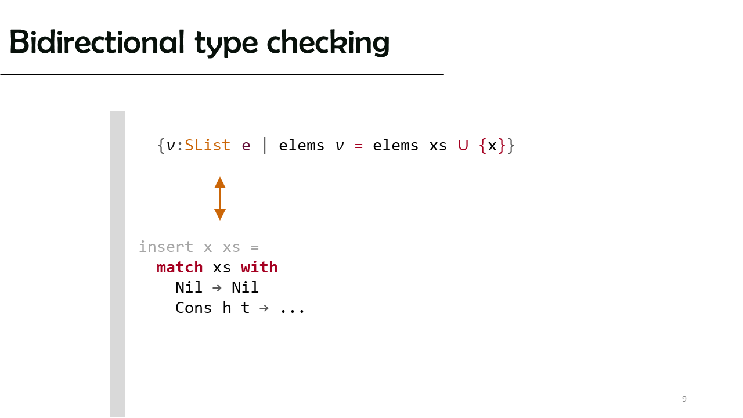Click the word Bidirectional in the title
pyautogui.click(x=97, y=42)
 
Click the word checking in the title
pyautogui.click(x=328, y=43)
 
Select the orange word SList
pyautogui.click(x=207, y=145)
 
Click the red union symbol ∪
pyautogui.click(x=463, y=146)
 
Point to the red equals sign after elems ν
pyautogui.click(x=359, y=146)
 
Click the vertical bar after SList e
pyautogui.click(x=265, y=146)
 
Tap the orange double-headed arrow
pyautogui.click(x=220, y=199)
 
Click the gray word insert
pyautogui.click(x=166, y=247)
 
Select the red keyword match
pyautogui.click(x=179, y=268)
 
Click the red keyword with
pyautogui.click(x=259, y=267)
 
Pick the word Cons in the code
pyautogui.click(x=193, y=308)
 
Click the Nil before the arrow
pyautogui.click(x=189, y=287)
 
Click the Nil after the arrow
pyautogui.click(x=245, y=287)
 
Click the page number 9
pyautogui.click(x=684, y=399)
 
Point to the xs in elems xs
pyautogui.click(x=438, y=146)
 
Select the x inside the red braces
pyautogui.click(x=492, y=146)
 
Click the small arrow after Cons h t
pyautogui.click(x=264, y=308)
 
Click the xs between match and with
pyautogui.click(x=222, y=268)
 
